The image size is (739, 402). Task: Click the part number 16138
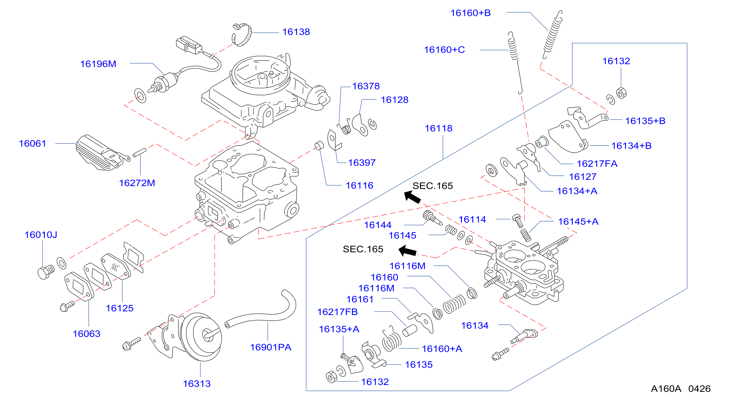click(296, 32)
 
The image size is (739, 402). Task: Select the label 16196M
click(98, 64)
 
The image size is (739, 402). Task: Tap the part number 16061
click(33, 143)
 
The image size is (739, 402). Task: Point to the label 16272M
click(137, 183)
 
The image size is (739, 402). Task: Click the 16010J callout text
click(41, 235)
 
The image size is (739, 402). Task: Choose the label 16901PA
click(271, 347)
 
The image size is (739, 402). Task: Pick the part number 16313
click(197, 384)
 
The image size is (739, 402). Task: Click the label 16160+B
click(470, 13)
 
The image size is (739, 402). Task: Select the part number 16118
click(438, 128)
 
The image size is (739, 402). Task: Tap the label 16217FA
click(597, 164)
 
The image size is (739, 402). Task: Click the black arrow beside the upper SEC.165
click(412, 197)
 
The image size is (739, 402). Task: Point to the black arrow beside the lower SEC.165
click(407, 251)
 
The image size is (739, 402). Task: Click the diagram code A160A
click(666, 389)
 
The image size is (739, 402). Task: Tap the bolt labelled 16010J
click(46, 271)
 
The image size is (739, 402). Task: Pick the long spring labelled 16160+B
click(552, 34)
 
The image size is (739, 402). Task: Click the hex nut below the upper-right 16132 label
click(621, 93)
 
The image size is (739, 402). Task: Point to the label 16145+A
click(578, 222)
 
